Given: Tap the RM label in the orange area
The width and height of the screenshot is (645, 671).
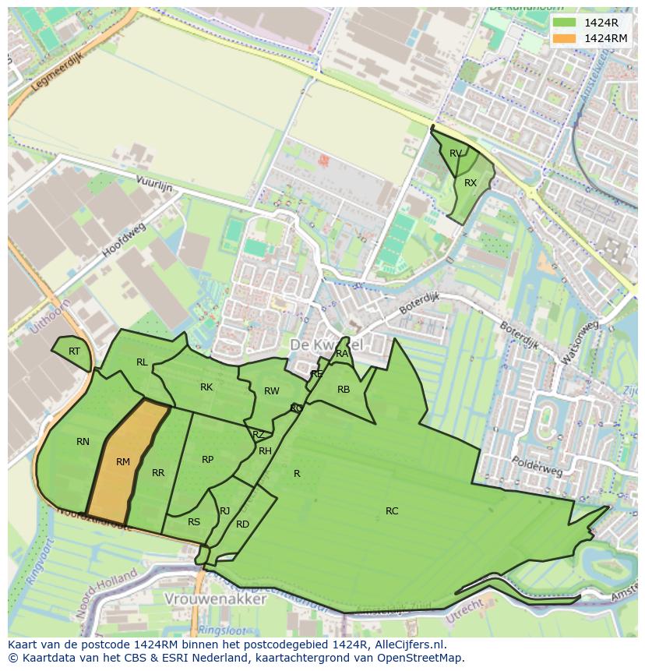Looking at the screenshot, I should pyautogui.click(x=123, y=462).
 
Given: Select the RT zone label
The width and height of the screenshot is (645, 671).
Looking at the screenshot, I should pyautogui.click(x=74, y=351).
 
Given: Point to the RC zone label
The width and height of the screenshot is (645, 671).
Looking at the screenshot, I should pyautogui.click(x=392, y=511).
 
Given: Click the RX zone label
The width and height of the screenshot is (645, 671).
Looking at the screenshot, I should pyautogui.click(x=471, y=183).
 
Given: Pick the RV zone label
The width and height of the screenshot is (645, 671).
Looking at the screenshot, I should pyautogui.click(x=456, y=153).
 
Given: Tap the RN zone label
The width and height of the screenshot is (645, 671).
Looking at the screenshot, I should pyautogui.click(x=83, y=442).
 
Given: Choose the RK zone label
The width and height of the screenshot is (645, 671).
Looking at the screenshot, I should pyautogui.click(x=206, y=387).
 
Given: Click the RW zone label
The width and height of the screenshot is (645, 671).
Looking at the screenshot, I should pyautogui.click(x=272, y=391).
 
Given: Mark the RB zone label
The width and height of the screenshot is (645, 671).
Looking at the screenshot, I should pyautogui.click(x=344, y=390).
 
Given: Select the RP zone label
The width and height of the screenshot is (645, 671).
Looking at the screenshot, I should pyautogui.click(x=207, y=460).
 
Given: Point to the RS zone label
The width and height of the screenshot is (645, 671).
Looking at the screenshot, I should pyautogui.click(x=194, y=522).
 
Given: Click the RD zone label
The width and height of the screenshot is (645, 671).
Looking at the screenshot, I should pyautogui.click(x=242, y=524).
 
